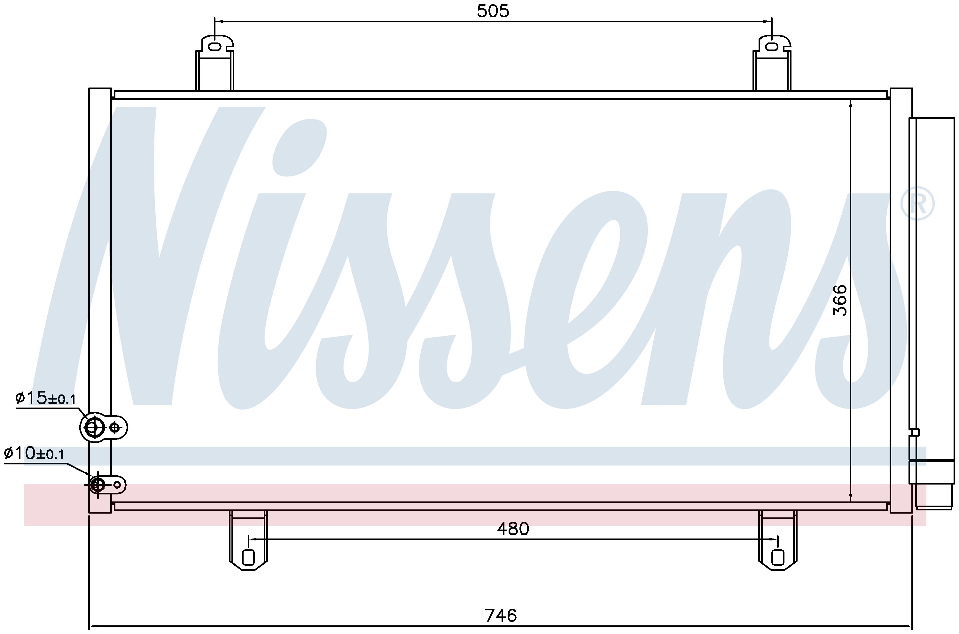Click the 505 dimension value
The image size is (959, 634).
point(493,11)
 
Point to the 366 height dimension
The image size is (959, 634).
point(840,301)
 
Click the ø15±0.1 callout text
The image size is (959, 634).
point(45,398)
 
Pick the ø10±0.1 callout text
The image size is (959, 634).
point(34,454)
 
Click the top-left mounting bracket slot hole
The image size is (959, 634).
point(214,47)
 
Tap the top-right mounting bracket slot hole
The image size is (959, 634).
point(771,47)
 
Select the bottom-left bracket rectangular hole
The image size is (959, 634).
point(248,557)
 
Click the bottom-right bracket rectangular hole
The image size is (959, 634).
point(778,557)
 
